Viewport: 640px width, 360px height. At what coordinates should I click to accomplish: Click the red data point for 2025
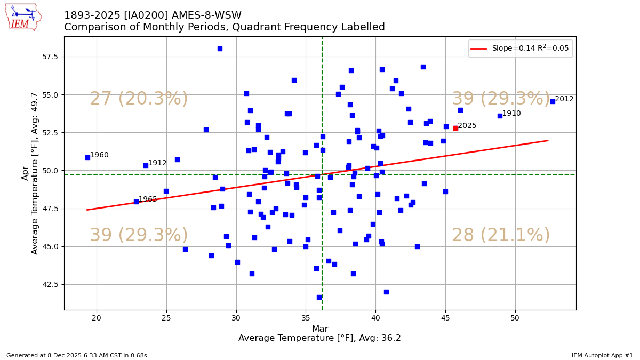point(455,128)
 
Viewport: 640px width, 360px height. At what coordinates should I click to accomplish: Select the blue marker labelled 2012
point(553,101)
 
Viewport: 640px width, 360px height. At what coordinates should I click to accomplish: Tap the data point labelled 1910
point(500,116)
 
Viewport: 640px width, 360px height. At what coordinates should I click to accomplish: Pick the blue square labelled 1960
point(87,157)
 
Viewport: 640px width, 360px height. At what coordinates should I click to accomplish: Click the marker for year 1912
point(146,165)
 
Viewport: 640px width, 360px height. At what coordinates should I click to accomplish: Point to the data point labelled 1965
point(136,202)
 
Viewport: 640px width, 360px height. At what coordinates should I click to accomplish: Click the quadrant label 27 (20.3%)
point(139,99)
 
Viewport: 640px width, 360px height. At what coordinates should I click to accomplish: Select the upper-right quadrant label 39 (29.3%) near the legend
point(501,99)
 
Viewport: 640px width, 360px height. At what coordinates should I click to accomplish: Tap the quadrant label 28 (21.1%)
point(501,236)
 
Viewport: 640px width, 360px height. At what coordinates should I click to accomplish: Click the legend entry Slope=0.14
point(530,49)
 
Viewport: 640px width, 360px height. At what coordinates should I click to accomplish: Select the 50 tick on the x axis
point(515,318)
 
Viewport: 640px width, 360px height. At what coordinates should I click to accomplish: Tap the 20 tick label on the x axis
point(97,318)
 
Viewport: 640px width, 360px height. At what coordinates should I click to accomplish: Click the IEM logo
point(23,17)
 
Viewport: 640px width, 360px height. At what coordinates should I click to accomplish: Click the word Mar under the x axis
point(319,329)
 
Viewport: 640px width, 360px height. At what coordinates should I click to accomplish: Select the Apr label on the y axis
point(25,173)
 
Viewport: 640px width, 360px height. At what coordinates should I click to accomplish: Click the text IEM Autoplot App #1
point(602,355)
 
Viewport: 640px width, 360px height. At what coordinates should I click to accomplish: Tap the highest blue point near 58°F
point(220,49)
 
